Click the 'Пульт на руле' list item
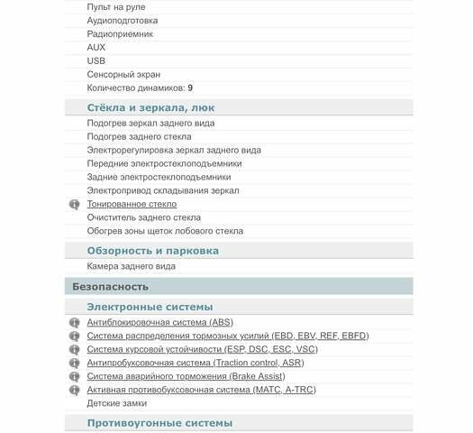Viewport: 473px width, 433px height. click(x=115, y=6)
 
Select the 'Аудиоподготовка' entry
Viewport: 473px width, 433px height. click(x=123, y=20)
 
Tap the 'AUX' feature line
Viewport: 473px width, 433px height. click(x=96, y=47)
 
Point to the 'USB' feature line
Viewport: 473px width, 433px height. click(x=96, y=60)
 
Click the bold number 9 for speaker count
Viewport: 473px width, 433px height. click(x=189, y=88)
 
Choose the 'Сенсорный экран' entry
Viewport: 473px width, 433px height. click(x=124, y=74)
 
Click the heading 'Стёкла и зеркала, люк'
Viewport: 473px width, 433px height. click(x=150, y=107)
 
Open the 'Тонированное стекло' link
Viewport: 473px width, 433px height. click(x=132, y=204)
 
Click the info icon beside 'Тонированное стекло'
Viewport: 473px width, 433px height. click(x=75, y=205)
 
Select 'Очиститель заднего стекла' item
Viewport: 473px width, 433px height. click(x=143, y=217)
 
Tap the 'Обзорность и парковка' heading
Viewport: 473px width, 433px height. click(x=152, y=251)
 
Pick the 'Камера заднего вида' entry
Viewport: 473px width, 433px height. click(x=131, y=266)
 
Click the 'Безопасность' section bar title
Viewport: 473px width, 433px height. click(x=110, y=286)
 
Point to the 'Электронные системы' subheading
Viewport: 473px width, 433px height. click(x=150, y=307)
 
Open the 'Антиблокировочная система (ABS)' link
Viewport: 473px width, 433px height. click(x=159, y=322)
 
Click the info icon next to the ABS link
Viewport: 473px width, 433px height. click(x=75, y=323)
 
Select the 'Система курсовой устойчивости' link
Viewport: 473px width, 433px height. click(x=202, y=349)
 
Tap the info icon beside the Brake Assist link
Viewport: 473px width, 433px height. click(x=75, y=377)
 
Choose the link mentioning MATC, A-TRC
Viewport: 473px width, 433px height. click(x=201, y=390)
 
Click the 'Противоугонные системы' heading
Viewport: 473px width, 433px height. click(x=159, y=422)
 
